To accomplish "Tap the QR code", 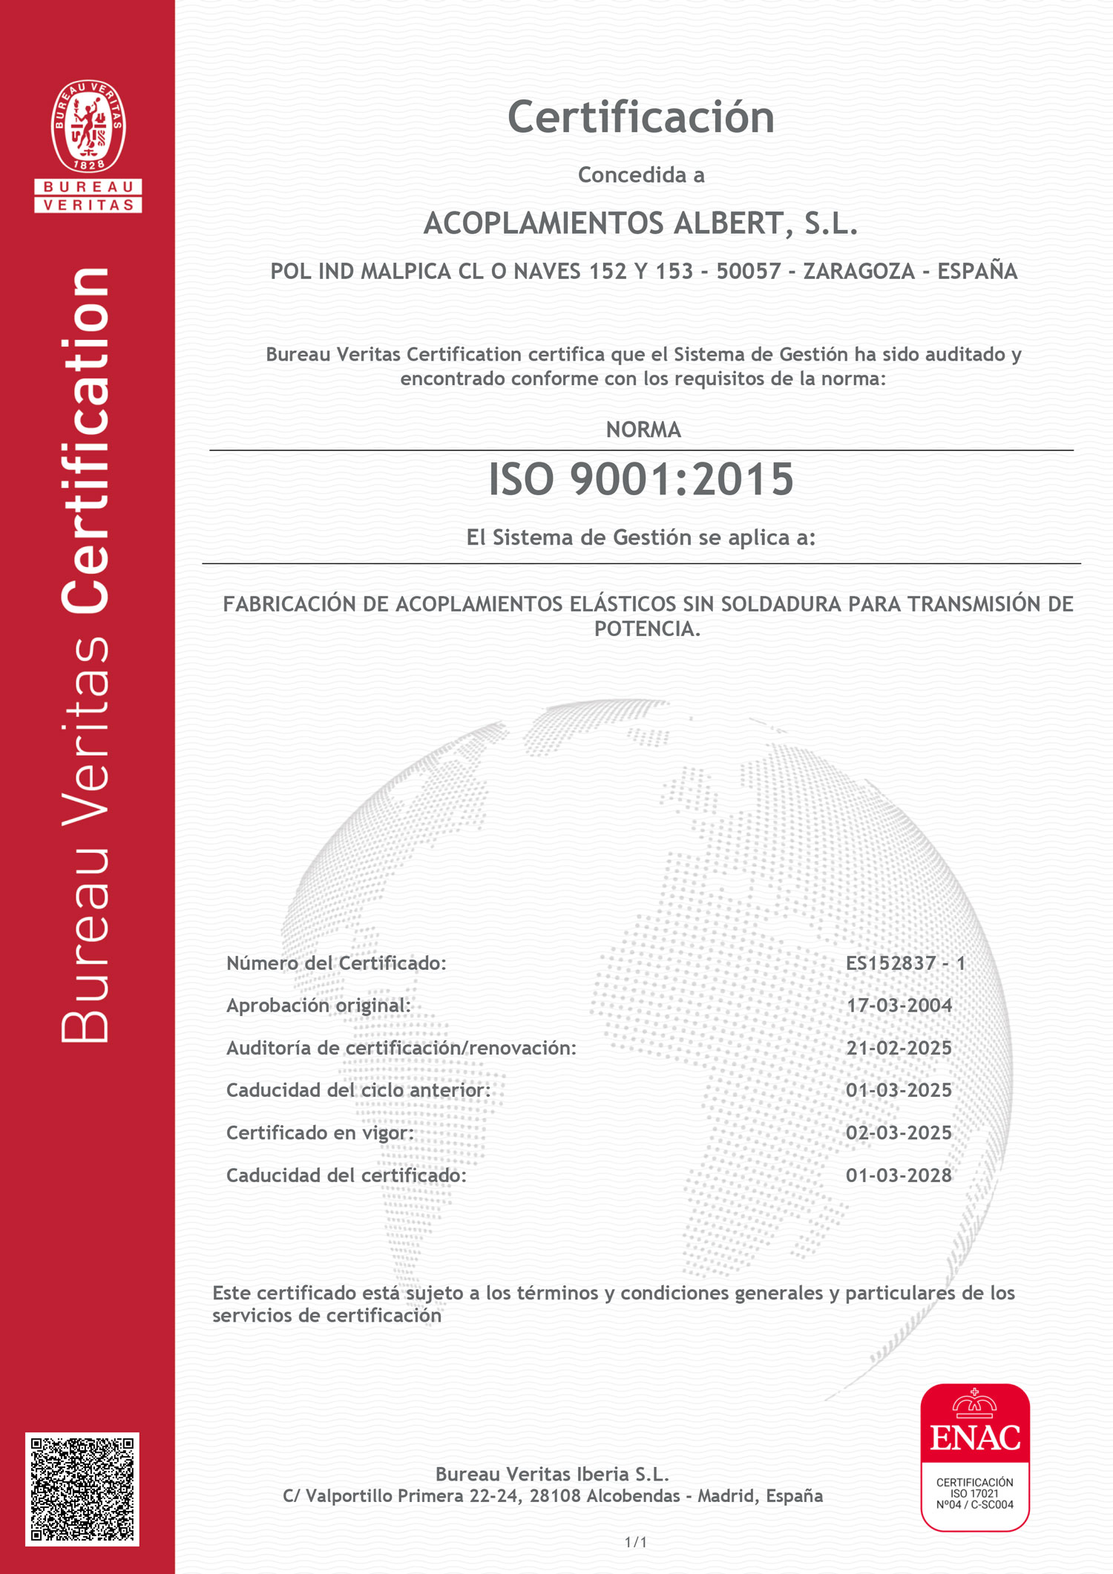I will (82, 1489).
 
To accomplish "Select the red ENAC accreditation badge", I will (975, 1457).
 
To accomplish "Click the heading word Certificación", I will (641, 118).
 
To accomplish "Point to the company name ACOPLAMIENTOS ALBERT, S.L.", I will (641, 223).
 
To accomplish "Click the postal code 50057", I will (749, 272).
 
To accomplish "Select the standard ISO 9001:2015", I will (641, 479).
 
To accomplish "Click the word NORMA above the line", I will (643, 430).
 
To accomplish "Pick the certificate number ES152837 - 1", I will (905, 963).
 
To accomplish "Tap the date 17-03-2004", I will (899, 1006).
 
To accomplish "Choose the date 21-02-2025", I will (899, 1048).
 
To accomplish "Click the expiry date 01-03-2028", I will (899, 1175).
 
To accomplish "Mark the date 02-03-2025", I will (899, 1133).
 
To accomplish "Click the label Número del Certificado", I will (336, 963).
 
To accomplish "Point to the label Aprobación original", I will (318, 1006).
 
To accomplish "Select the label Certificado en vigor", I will (320, 1133).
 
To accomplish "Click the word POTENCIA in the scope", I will (646, 629).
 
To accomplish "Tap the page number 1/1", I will (636, 1543).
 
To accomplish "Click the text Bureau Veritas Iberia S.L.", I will (552, 1475).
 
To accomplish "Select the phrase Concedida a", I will (641, 175).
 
